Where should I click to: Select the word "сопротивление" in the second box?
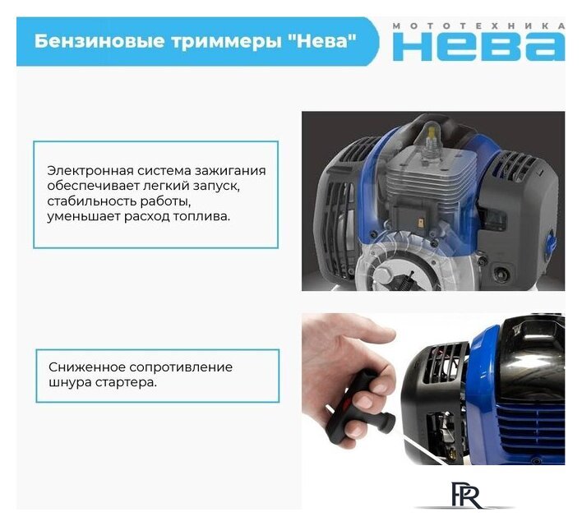(x=177, y=367)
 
